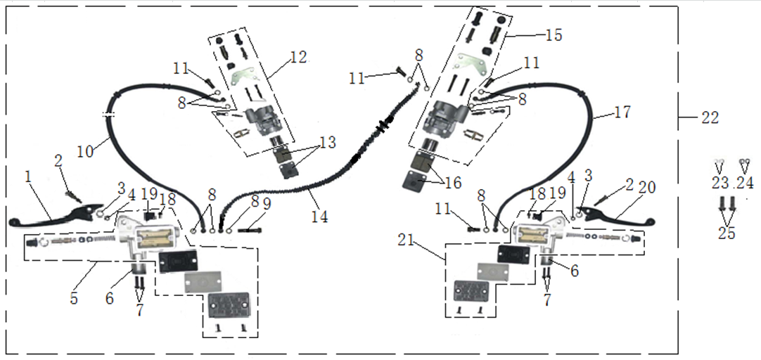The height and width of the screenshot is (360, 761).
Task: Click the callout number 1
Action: click(x=29, y=178)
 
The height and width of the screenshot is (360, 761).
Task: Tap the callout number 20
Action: click(x=647, y=187)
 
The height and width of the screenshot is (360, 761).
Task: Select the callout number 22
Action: click(x=710, y=118)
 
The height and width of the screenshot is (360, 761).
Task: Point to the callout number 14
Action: click(x=319, y=218)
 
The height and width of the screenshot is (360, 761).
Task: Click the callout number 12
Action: click(x=298, y=58)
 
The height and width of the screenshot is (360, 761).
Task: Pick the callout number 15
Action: click(x=554, y=35)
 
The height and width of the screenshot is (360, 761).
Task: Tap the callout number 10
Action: click(x=84, y=150)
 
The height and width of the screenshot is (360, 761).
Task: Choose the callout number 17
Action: click(x=622, y=112)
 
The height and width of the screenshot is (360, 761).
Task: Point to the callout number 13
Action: click(x=328, y=143)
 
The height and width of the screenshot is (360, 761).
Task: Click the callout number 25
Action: click(x=727, y=233)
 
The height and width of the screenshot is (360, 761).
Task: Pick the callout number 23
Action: click(x=720, y=183)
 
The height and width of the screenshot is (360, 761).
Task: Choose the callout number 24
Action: click(x=743, y=183)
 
